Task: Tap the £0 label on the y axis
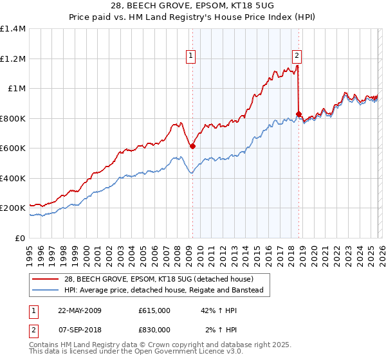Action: tap(19, 238)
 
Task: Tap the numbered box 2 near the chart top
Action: tap(297, 56)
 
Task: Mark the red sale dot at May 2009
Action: tap(192, 147)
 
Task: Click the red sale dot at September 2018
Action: tap(299, 114)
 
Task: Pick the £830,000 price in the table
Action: tap(154, 329)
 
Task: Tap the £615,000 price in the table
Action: tap(154, 310)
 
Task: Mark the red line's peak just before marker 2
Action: tap(297, 65)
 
